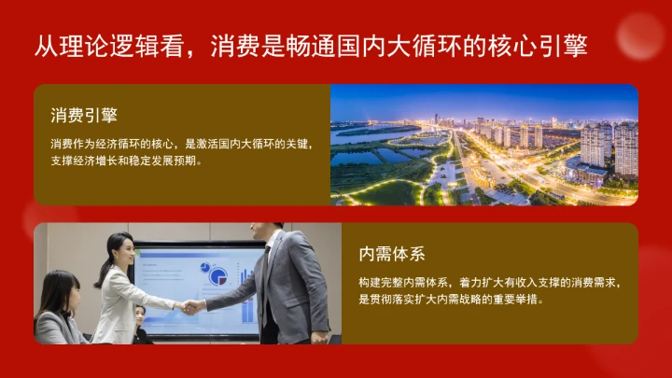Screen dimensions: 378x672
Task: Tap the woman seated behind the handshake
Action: tap(141, 322)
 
